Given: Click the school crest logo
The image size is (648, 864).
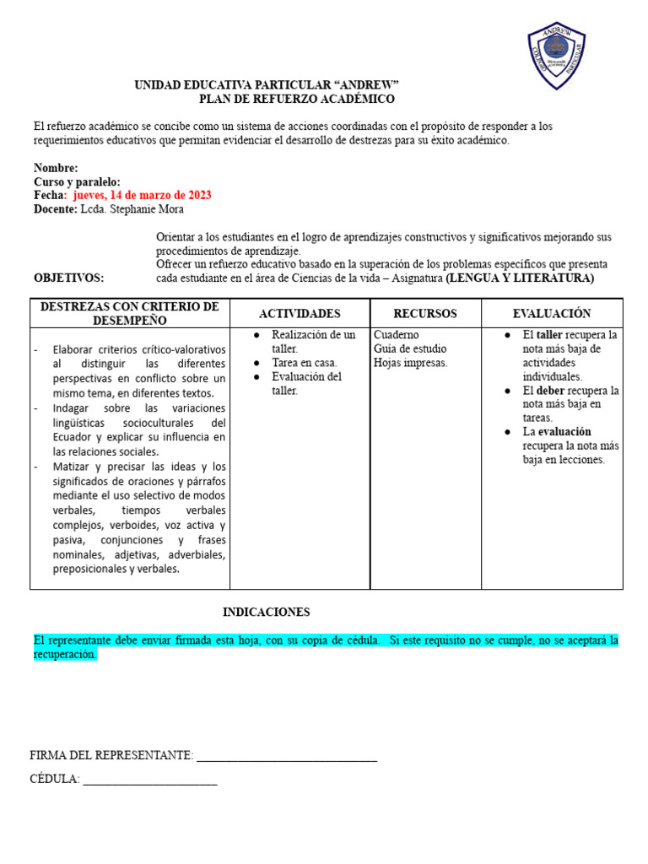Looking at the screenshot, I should pyautogui.click(x=556, y=56).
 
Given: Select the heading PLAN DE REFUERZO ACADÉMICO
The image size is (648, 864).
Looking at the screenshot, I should pyautogui.click(x=296, y=99).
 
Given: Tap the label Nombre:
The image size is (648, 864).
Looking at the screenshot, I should pyautogui.click(x=56, y=168).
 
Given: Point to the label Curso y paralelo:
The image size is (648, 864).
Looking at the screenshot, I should pyautogui.click(x=77, y=181).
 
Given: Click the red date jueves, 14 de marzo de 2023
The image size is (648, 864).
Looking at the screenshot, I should pyautogui.click(x=143, y=195).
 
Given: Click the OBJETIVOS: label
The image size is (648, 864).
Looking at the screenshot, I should pyautogui.click(x=69, y=278).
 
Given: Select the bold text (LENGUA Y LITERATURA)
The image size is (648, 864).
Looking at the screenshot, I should pyautogui.click(x=520, y=278).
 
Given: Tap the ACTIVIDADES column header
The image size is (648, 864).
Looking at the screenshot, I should pyautogui.click(x=300, y=314).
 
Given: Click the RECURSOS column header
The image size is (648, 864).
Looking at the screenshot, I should pyautogui.click(x=425, y=314).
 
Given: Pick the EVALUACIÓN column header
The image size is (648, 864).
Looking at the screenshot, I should pyautogui.click(x=552, y=314).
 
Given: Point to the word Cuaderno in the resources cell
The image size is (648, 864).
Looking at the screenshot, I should pyautogui.click(x=396, y=335).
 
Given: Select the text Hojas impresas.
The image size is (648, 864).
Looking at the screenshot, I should pyautogui.click(x=411, y=363).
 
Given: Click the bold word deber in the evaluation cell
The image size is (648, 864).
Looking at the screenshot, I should pyautogui.click(x=551, y=391).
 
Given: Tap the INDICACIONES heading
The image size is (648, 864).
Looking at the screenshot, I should pyautogui.click(x=267, y=612).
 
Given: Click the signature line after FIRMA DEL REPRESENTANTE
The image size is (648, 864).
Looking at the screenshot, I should pyautogui.click(x=286, y=757).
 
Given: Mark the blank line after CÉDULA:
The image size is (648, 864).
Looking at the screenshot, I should pyautogui.click(x=150, y=780).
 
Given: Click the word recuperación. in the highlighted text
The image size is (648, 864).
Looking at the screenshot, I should pyautogui.click(x=66, y=655).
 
